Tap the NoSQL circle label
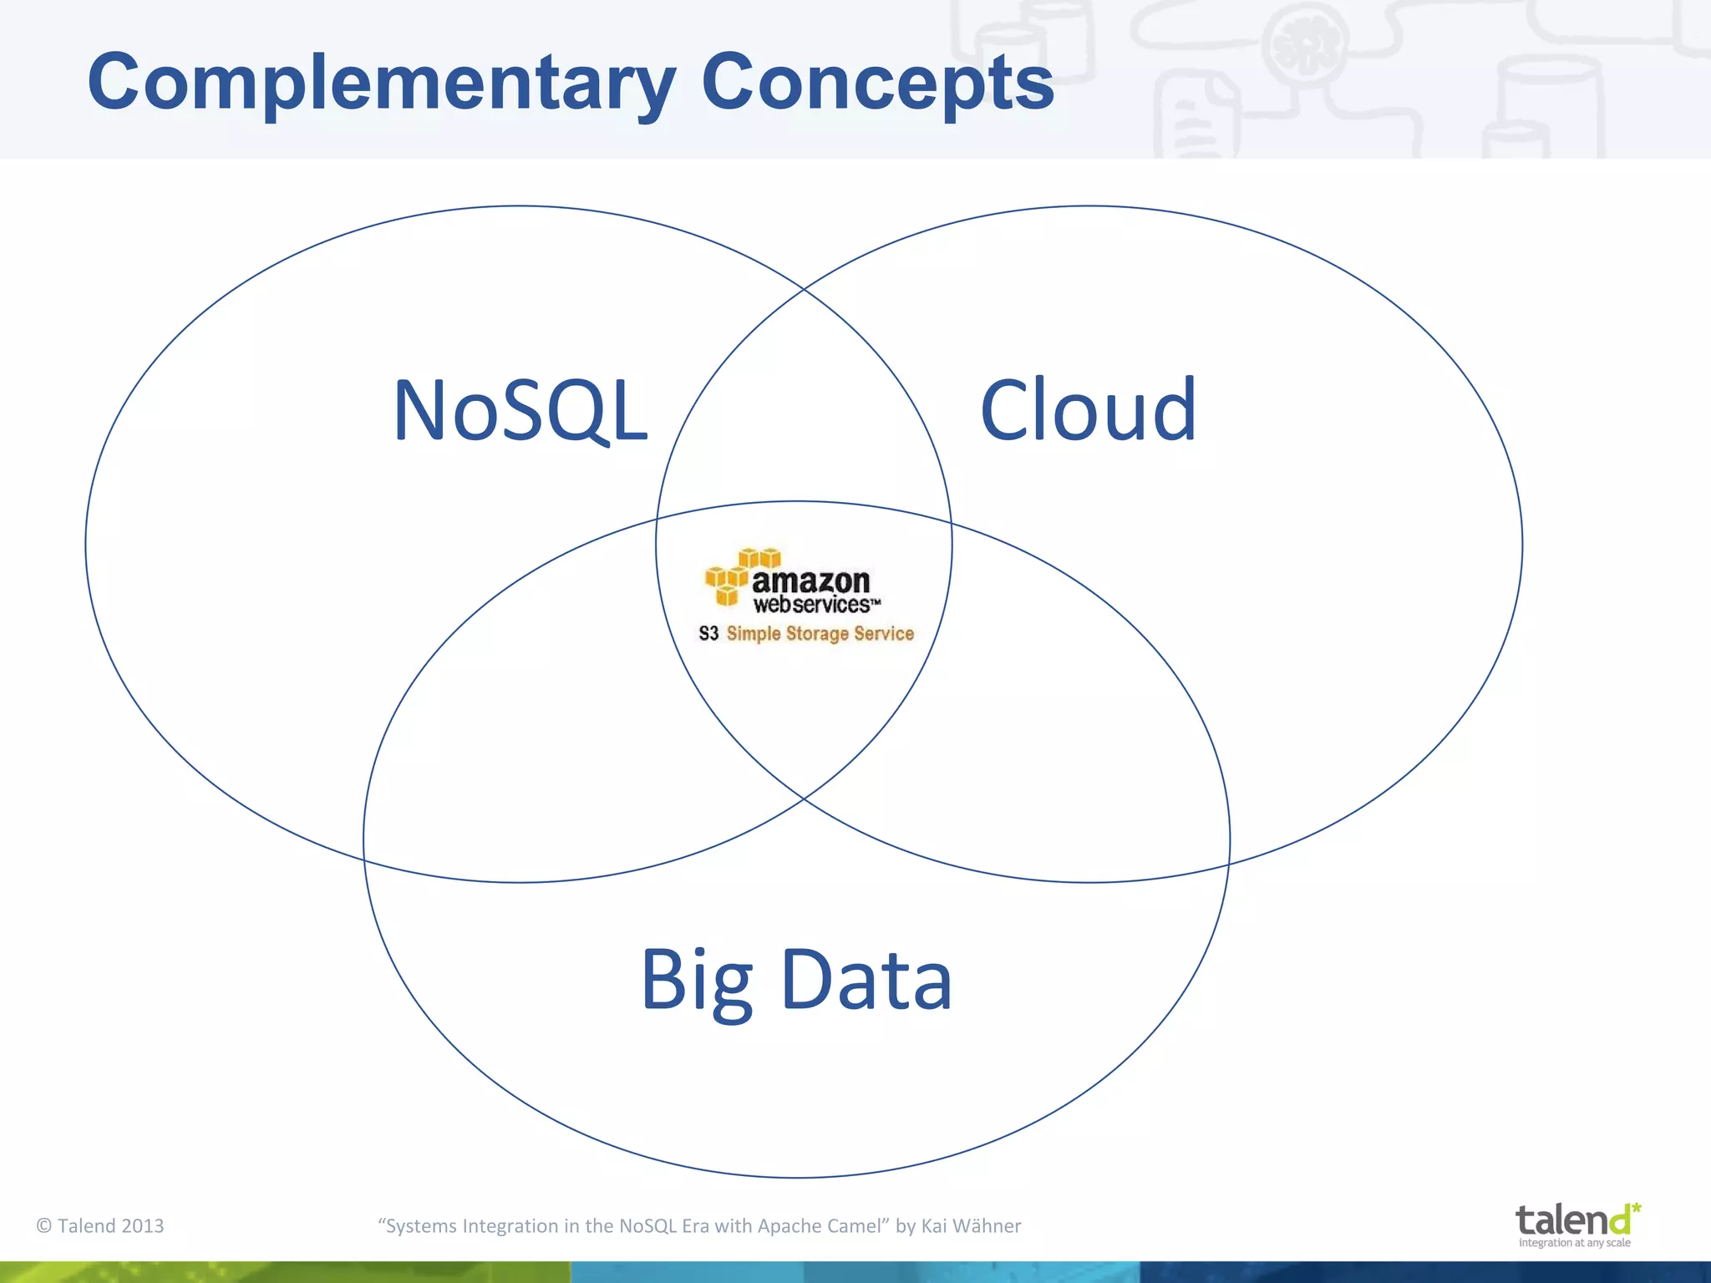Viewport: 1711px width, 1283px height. point(520,410)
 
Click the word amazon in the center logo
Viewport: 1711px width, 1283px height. point(810,581)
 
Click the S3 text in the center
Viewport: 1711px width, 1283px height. point(708,633)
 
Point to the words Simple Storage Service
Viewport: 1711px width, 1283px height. point(820,633)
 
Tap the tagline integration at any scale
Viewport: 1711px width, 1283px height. point(1574,1243)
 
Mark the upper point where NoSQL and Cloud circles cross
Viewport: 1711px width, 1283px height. point(803,289)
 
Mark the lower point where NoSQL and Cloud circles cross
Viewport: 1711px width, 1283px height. point(803,799)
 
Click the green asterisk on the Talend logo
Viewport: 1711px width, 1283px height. point(1636,1207)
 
